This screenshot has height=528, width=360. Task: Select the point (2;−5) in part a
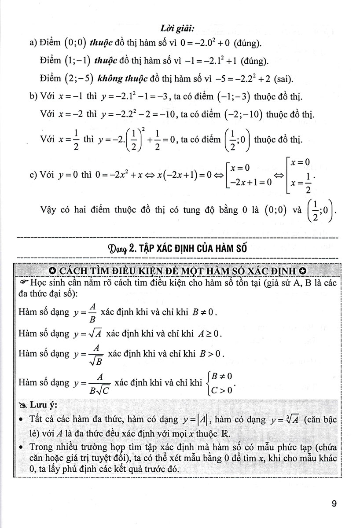(74, 79)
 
